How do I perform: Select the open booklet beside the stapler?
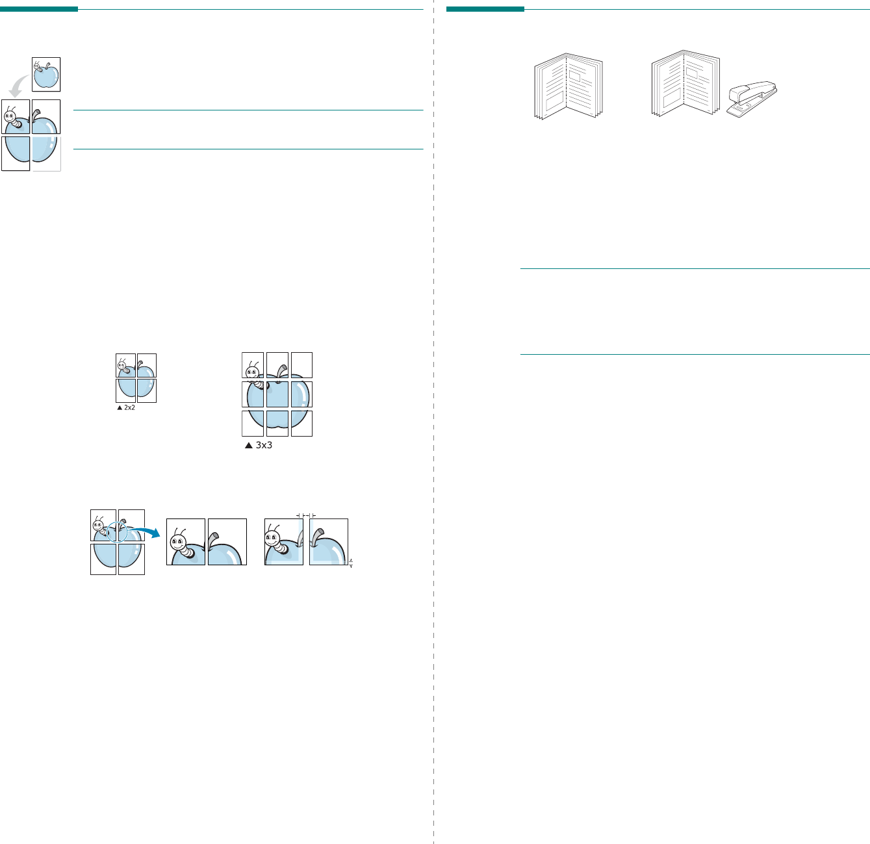685,84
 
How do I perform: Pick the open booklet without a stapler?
568,86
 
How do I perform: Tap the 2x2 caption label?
129,408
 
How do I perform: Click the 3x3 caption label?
263,446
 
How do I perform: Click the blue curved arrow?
145,531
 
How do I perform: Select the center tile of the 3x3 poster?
277,394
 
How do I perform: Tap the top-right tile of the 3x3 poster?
301,365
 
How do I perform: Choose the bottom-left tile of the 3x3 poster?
253,424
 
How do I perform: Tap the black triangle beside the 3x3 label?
248,446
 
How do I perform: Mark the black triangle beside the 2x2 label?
120,408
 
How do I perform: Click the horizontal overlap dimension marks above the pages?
306,515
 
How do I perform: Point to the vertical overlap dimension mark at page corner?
351,563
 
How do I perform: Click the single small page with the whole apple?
46,74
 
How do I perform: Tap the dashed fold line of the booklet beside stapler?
684,84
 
